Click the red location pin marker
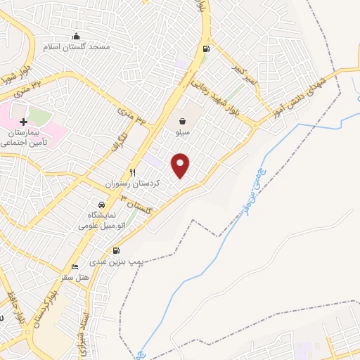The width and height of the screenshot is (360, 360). [181, 165]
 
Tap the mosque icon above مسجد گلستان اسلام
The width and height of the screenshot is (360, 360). [77, 37]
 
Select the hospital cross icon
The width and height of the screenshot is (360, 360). [24, 122]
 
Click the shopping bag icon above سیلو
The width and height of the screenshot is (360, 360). [182, 121]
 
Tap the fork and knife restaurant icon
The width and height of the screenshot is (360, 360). [132, 172]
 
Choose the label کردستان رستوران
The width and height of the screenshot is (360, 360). [133, 183]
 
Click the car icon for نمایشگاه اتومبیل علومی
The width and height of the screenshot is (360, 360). [101, 204]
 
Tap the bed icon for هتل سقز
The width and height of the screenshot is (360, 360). [75, 268]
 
